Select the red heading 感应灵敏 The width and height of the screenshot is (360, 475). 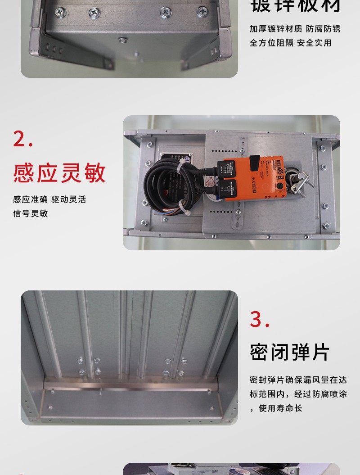tap(59, 173)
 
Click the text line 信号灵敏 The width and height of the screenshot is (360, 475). tap(31, 213)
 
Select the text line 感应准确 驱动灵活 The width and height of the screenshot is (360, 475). tap(49, 199)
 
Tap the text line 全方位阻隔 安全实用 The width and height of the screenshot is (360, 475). tap(290, 43)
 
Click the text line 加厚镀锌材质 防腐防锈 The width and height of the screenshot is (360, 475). tap(295, 28)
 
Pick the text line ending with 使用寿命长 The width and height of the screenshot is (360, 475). tap(279, 408)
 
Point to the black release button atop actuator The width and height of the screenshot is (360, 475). tap(255, 160)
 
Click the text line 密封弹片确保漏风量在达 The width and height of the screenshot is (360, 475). tap(298, 380)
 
